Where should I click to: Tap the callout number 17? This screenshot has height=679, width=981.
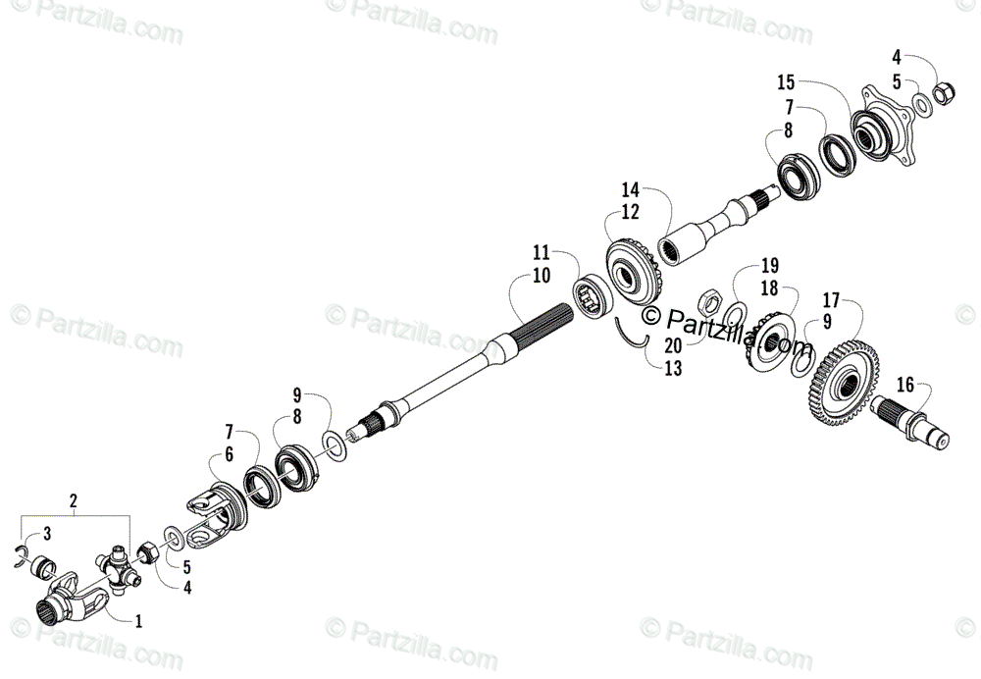pyautogui.click(x=831, y=299)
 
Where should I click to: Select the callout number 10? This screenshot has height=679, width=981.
pyautogui.click(x=542, y=276)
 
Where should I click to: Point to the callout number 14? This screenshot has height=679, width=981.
pyautogui.click(x=629, y=188)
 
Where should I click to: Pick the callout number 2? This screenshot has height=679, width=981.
pyautogui.click(x=72, y=500)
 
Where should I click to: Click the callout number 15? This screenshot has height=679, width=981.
pyautogui.click(x=786, y=83)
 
